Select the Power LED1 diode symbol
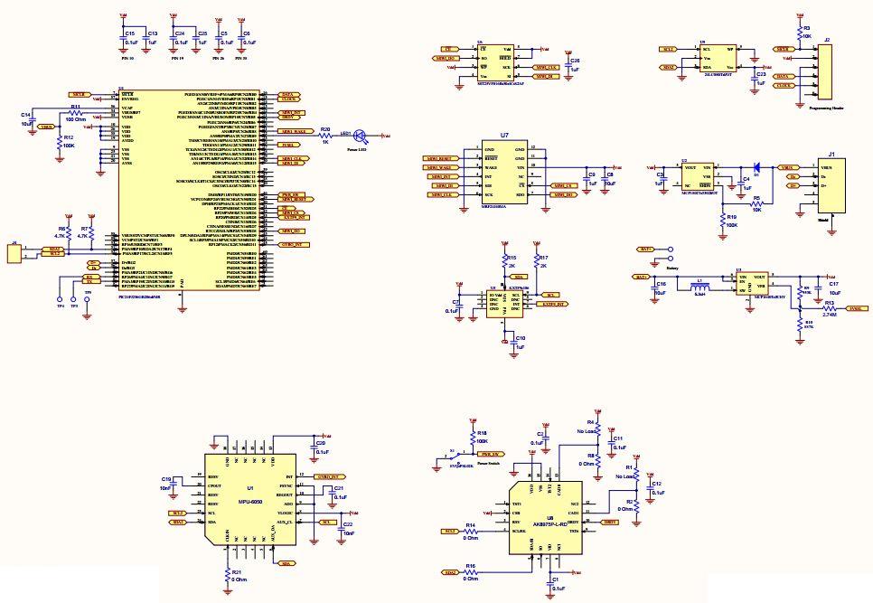tap(359, 136)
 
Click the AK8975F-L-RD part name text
tap(549, 523)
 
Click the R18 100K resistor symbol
tap(471, 437)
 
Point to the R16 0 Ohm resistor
tap(471, 572)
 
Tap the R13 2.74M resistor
tap(818, 309)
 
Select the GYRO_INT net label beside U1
tap(327, 476)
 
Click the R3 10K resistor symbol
tap(798, 33)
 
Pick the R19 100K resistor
tap(721, 218)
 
